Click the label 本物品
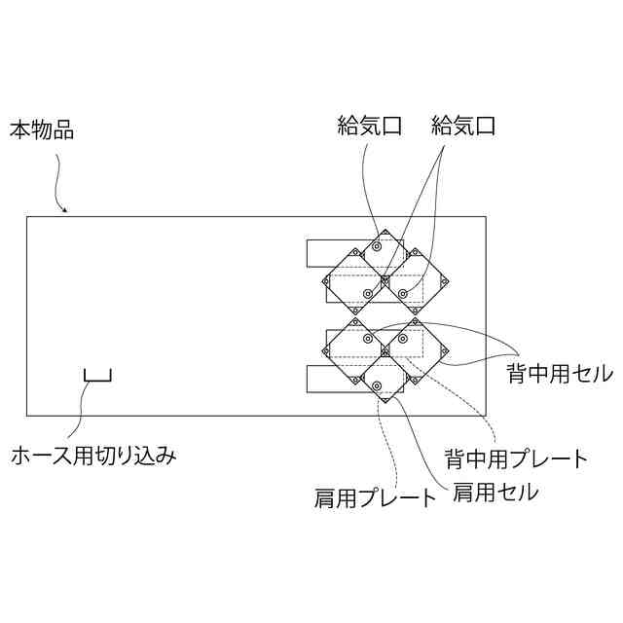coord(42,128)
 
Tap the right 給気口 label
coord(463,126)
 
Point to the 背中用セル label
coord(559,373)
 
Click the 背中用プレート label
coord(516,458)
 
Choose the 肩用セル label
coord(495,493)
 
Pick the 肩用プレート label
coord(375,499)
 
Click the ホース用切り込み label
coord(93,455)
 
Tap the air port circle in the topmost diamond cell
coord(375,247)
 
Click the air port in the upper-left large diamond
coord(367,293)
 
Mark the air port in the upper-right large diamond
coord(403,292)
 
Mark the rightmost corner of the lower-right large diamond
coord(446,351)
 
